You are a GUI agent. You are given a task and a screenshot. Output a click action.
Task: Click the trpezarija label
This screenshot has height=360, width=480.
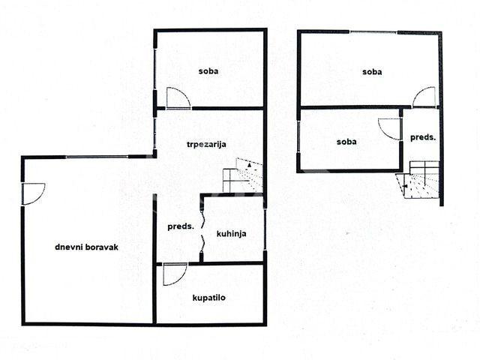click(x=206, y=145)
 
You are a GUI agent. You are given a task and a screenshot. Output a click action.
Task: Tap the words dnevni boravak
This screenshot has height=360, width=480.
click(x=87, y=247)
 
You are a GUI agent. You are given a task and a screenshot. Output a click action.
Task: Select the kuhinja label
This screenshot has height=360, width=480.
click(x=231, y=234)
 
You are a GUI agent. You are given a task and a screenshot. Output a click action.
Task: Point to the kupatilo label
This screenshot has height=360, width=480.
click(x=208, y=298)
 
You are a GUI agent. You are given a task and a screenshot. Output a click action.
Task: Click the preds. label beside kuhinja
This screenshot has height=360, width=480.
click(x=181, y=226)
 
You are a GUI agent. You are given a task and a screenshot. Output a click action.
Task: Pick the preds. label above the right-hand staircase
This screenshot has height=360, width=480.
click(x=423, y=138)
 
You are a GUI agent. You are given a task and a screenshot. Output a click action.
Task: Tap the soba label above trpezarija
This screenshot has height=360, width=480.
click(x=208, y=71)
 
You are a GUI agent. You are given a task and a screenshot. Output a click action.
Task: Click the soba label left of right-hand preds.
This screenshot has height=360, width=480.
click(x=346, y=142)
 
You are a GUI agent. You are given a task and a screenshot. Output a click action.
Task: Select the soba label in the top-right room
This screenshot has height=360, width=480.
click(x=372, y=72)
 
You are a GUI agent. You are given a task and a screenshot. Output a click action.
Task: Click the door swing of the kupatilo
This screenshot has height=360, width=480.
click(x=175, y=274)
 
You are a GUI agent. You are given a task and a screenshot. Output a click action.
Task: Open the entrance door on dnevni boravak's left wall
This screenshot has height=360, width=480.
click(x=34, y=193)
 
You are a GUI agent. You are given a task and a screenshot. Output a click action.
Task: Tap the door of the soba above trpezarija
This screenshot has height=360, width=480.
click(x=178, y=98)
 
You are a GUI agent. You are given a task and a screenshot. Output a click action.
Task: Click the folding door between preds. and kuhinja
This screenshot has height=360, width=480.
click(x=202, y=228)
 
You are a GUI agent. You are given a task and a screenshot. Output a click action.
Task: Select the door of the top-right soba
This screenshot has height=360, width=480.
click(x=424, y=97)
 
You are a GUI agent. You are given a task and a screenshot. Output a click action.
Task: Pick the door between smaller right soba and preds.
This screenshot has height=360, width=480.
click(x=389, y=129)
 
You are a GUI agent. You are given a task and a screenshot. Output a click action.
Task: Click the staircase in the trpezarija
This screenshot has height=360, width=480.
click(x=243, y=175)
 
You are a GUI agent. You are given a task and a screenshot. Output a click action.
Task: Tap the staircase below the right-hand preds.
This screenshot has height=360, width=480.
click(x=418, y=180)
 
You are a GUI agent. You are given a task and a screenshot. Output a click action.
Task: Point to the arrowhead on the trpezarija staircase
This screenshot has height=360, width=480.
click(x=250, y=165)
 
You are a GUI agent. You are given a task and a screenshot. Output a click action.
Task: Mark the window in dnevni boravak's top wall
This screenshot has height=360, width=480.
click(x=97, y=157)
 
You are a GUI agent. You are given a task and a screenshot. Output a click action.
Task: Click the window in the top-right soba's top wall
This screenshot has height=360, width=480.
click(x=373, y=32)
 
